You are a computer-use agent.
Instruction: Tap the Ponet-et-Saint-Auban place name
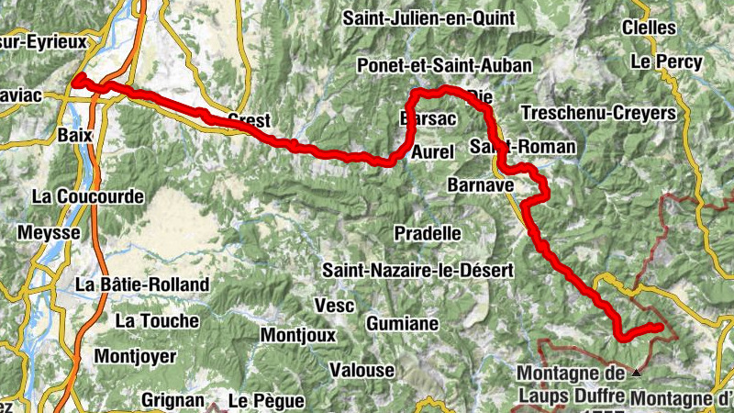[x=439, y=65]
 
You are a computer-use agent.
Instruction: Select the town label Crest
[x=248, y=119]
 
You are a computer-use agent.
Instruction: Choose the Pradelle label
[x=427, y=233]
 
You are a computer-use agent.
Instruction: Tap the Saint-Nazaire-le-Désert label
[x=417, y=270]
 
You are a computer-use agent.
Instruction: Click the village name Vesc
[x=334, y=304]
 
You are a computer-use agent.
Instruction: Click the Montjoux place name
[x=298, y=335]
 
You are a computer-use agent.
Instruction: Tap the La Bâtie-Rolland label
[x=142, y=285]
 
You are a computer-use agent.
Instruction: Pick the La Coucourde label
[x=87, y=196]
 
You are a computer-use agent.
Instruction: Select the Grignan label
[x=172, y=400]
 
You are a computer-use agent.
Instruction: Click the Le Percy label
[x=666, y=62]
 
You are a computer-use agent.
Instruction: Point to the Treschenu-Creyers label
[x=598, y=113]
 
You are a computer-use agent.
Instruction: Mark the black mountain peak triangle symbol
[x=637, y=373]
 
